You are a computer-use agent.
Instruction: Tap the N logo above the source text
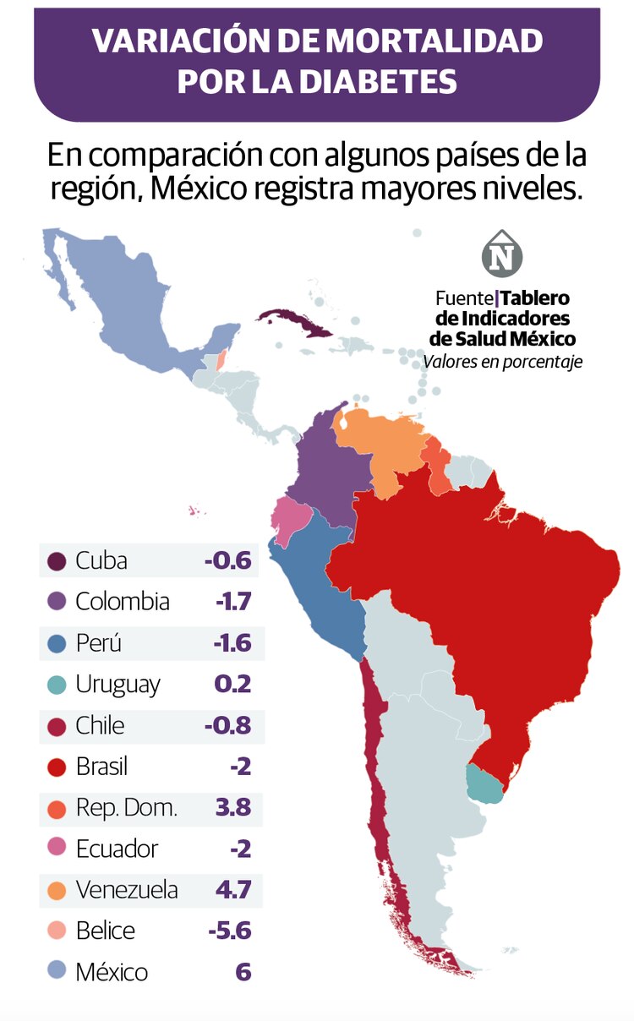tap(502, 254)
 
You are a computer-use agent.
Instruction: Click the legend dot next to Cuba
tap(57, 561)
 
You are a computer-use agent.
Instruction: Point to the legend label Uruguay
tap(118, 685)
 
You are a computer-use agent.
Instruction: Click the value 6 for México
tap(243, 972)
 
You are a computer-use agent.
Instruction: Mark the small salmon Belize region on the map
tap(221, 358)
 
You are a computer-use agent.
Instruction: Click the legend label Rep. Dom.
tap(127, 808)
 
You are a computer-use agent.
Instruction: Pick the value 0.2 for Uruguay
tap(233, 684)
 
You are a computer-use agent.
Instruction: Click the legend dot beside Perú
tap(57, 643)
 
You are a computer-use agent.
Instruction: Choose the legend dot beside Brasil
tap(57, 767)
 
